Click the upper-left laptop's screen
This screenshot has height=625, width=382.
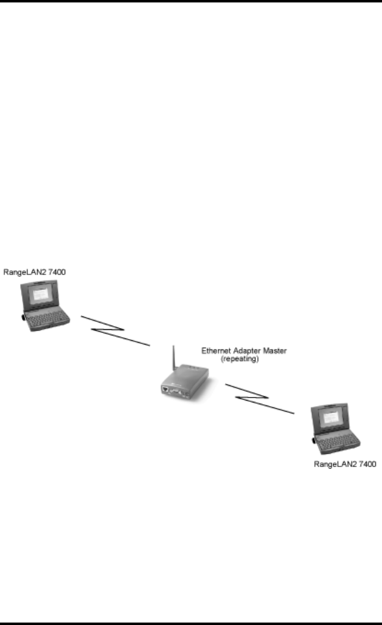(43, 295)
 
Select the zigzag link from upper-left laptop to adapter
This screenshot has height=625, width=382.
(115, 332)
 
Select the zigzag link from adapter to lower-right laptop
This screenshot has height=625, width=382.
(259, 399)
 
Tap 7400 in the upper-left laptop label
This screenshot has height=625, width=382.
(57, 271)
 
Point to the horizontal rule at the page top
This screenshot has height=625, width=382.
(191, 2)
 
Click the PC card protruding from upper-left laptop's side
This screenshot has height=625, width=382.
(23, 318)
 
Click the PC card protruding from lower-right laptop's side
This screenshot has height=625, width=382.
(314, 439)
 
